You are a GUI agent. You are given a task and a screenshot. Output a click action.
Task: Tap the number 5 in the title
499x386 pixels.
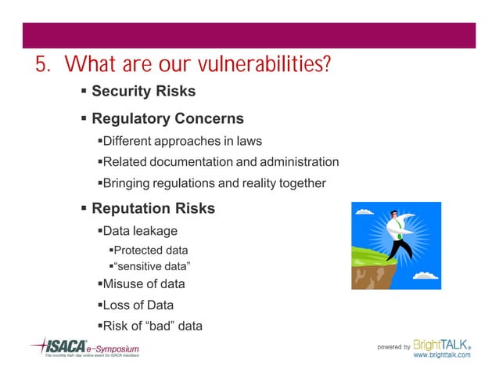(40, 64)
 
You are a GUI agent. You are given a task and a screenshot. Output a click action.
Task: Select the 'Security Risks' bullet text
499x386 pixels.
(143, 92)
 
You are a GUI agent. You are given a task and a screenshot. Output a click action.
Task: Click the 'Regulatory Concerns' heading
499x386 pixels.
(167, 119)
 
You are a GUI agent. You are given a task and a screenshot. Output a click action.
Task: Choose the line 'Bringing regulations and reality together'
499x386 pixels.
(214, 183)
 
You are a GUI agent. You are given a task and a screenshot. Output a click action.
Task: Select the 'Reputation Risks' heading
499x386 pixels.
(153, 209)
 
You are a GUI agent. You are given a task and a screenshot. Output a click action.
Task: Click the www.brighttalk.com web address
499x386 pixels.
(442, 355)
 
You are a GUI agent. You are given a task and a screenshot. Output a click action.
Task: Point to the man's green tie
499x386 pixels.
(400, 233)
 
